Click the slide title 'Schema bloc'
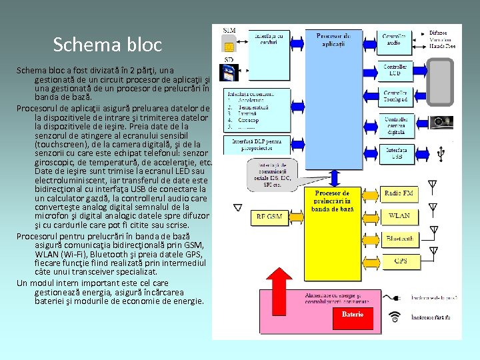[x=107, y=45]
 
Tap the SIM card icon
[x=229, y=44]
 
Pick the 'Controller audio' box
[x=398, y=39]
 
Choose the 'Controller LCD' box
[x=398, y=69]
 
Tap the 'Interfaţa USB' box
[x=398, y=154]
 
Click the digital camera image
[x=440, y=123]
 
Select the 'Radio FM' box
[x=399, y=193]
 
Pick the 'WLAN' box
[x=399, y=215]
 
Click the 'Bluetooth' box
[x=399, y=238]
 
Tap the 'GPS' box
[x=399, y=261]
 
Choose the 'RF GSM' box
[x=269, y=217]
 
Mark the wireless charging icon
[x=395, y=317]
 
